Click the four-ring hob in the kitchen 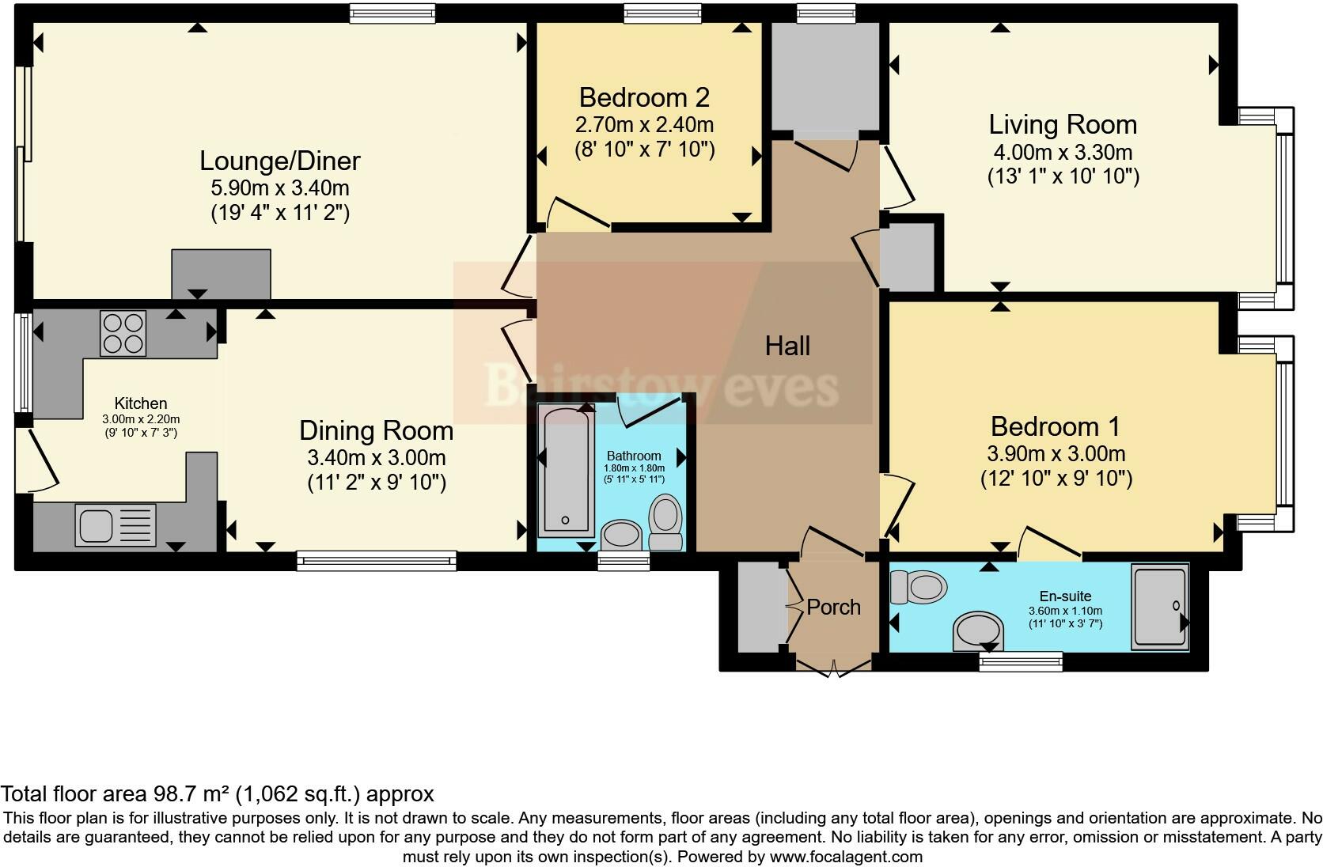click(x=123, y=333)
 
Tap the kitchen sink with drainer click(x=116, y=525)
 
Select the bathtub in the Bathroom click(x=566, y=470)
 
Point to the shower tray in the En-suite click(x=1159, y=606)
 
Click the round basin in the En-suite click(x=979, y=631)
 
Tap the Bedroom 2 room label click(x=644, y=97)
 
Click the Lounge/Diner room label click(x=279, y=161)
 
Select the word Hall click(x=787, y=346)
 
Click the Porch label click(x=833, y=607)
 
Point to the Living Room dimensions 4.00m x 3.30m click(x=1063, y=151)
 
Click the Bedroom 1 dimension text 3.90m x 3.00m click(x=1056, y=453)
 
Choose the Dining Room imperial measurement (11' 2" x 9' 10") click(x=377, y=482)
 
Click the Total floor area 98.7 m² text click(x=217, y=793)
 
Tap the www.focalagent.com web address click(x=846, y=856)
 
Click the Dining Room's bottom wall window click(x=377, y=561)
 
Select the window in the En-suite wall click(x=1020, y=661)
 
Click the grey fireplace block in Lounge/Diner click(x=222, y=274)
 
